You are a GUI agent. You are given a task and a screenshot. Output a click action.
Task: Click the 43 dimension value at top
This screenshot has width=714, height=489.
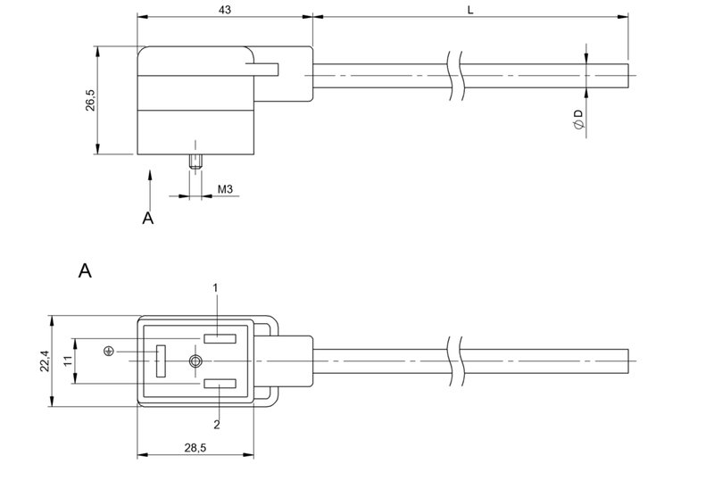click(x=226, y=9)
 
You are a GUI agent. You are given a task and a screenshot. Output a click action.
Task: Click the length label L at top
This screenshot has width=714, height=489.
click(x=471, y=9)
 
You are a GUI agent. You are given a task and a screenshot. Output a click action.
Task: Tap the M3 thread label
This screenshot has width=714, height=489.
click(x=225, y=190)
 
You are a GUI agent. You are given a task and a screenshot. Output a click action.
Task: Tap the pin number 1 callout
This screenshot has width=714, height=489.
click(x=215, y=287)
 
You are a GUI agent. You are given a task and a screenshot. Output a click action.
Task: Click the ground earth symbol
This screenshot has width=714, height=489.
click(x=109, y=352)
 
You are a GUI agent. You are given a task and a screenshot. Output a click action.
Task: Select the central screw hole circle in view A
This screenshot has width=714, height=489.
click(x=195, y=361)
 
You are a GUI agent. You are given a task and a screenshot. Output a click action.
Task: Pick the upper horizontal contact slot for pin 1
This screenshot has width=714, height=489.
click(x=219, y=337)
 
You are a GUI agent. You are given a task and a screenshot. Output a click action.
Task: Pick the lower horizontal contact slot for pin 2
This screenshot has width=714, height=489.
click(x=219, y=385)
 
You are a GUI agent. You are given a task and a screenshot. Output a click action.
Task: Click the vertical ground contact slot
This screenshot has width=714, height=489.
click(x=160, y=361)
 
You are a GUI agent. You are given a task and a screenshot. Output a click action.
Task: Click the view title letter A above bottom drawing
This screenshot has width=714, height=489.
click(x=86, y=271)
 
